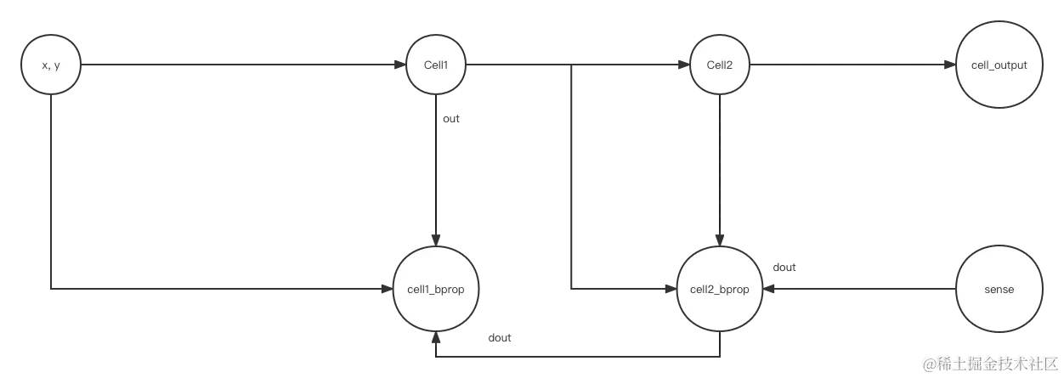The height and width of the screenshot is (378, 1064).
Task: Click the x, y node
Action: click(x=51, y=65)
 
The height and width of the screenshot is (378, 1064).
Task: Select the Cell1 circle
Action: click(x=435, y=65)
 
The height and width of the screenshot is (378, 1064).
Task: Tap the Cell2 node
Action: click(x=719, y=65)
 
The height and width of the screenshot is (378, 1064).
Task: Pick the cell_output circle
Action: click(x=998, y=65)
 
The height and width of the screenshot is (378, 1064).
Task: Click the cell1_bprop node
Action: click(x=435, y=289)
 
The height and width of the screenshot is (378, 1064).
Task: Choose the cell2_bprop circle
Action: click(x=719, y=289)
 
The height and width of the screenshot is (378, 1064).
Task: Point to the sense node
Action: click(x=998, y=289)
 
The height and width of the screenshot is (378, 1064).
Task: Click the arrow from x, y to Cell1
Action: click(x=238, y=65)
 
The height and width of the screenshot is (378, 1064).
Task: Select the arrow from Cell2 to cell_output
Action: click(x=850, y=65)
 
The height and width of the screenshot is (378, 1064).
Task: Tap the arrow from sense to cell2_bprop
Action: click(x=858, y=289)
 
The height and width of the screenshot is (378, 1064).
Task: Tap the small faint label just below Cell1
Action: click(x=450, y=123)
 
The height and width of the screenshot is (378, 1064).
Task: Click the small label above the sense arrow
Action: click(x=784, y=269)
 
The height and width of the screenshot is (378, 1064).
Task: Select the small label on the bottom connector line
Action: click(x=499, y=341)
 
